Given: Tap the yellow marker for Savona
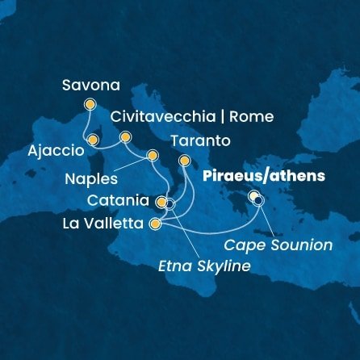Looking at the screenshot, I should tap(90, 103).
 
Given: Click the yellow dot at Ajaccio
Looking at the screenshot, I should tap(93, 140).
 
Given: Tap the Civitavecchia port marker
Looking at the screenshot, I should tap(125, 137).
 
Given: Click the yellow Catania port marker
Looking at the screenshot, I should tap(161, 201).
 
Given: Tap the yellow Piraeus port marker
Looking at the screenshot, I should tap(254, 195).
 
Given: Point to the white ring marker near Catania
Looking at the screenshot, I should tap(170, 204).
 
